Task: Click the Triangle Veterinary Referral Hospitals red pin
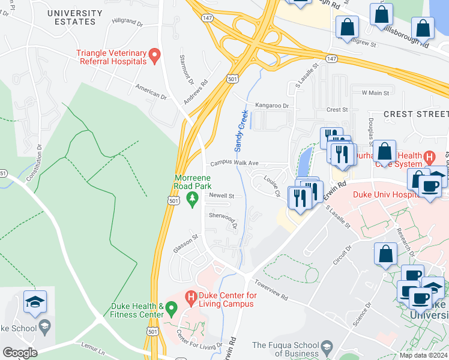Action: click(154, 56)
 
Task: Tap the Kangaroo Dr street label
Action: click(272, 106)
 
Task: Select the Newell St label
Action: click(221, 196)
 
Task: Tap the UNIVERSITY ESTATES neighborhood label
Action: click(75, 17)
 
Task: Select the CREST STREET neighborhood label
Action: click(415, 114)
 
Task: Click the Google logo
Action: click(20, 352)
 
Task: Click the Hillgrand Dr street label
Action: click(127, 24)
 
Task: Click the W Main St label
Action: click(375, 93)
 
